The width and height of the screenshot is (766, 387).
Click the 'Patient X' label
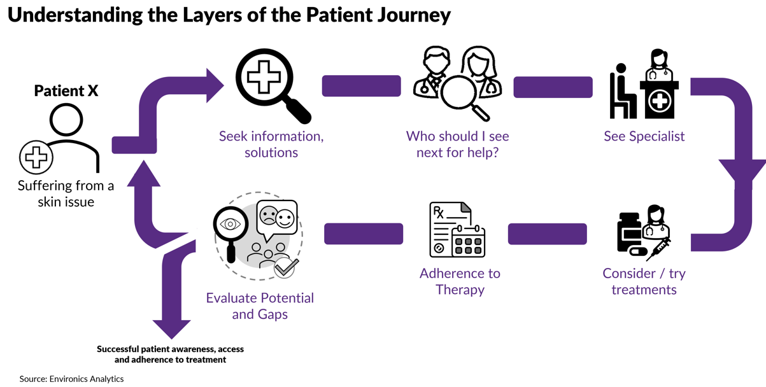[x=66, y=91]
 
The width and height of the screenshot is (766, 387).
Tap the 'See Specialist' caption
[x=644, y=136]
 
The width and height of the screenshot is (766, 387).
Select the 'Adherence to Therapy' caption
[x=460, y=281]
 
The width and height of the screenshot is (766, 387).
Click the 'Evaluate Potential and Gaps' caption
[x=260, y=306]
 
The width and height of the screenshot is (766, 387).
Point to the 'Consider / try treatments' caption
[x=644, y=281]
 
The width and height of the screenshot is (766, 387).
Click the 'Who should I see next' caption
[x=457, y=144]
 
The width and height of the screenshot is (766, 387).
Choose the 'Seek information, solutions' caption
[x=271, y=144]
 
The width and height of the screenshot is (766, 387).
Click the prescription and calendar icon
[x=457, y=230]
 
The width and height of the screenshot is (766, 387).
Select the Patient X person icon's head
[x=66, y=120]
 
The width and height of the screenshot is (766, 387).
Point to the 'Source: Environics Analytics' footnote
[x=71, y=379]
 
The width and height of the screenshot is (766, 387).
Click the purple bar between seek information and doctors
[x=361, y=86]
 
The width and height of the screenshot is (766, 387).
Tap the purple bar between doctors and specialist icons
[x=553, y=87]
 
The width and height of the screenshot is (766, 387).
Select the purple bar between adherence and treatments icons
[x=547, y=234]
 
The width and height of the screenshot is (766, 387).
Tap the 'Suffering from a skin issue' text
[x=66, y=194]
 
